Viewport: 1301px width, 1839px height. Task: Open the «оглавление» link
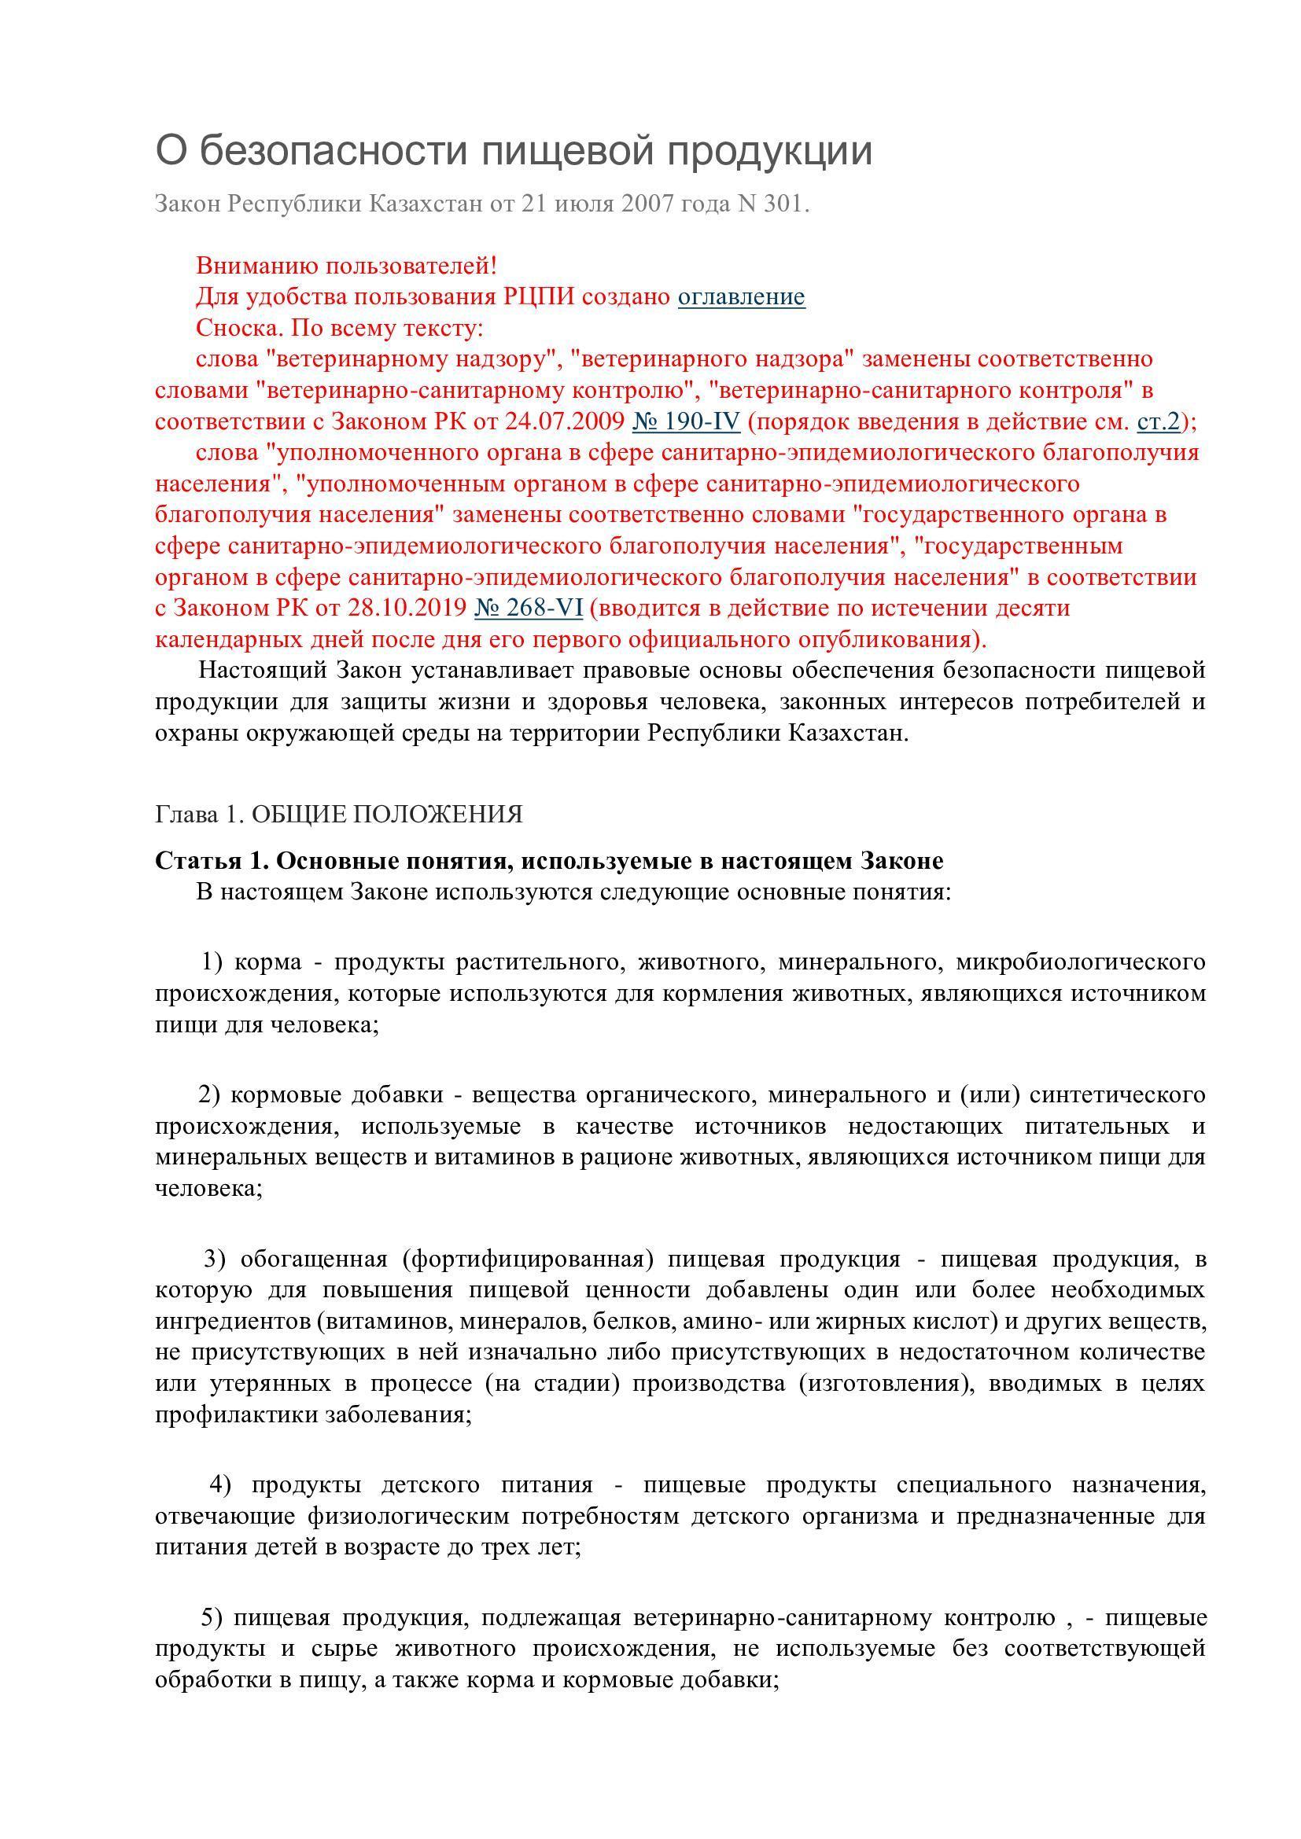click(x=741, y=297)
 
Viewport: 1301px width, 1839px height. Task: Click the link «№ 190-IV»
click(x=686, y=422)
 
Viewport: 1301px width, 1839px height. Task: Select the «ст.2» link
click(x=1159, y=422)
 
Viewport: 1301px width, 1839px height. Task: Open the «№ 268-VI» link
click(x=529, y=609)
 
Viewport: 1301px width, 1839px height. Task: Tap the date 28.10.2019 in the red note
click(x=407, y=609)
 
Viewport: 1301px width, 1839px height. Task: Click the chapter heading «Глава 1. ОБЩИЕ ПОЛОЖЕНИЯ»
click(x=338, y=815)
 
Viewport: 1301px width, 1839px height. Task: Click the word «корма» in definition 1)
click(x=268, y=962)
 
